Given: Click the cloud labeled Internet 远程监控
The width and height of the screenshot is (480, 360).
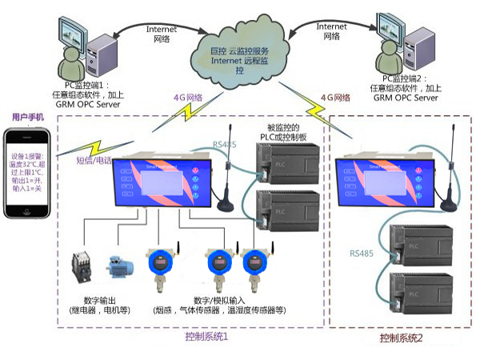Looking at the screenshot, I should [x=240, y=57].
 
